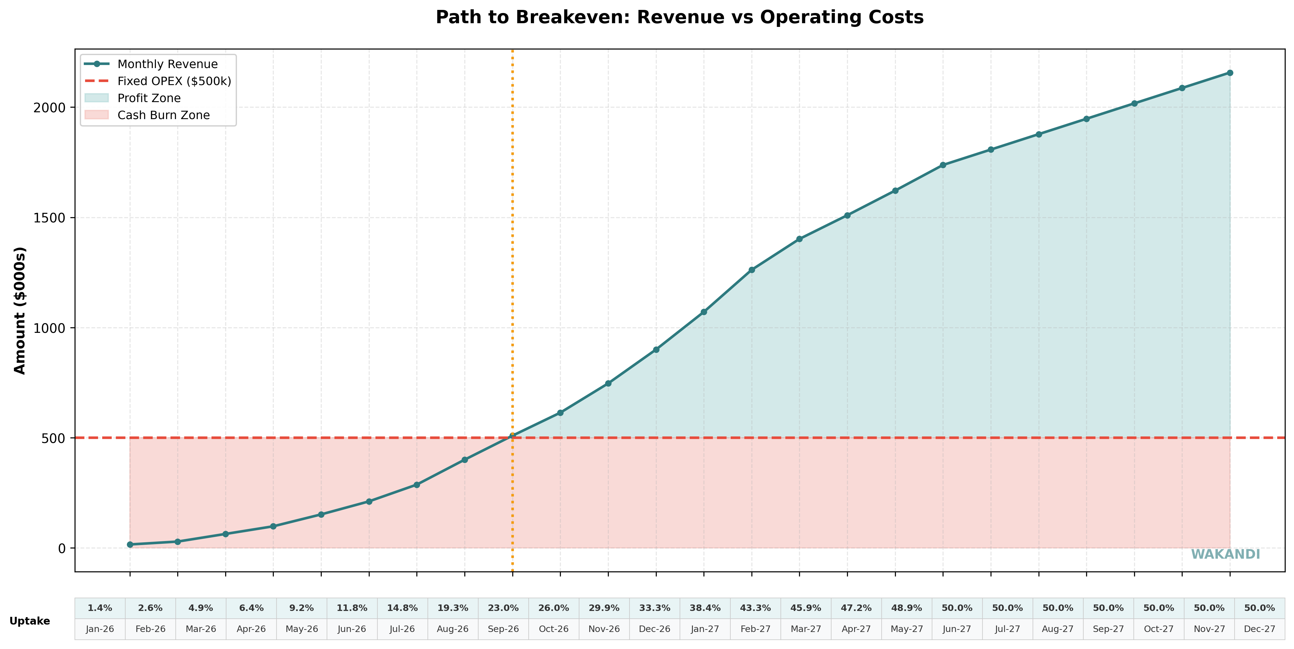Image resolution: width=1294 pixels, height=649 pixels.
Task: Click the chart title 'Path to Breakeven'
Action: click(679, 18)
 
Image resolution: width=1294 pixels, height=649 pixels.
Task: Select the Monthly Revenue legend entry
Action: click(167, 64)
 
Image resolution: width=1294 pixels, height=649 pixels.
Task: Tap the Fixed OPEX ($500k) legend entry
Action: click(174, 81)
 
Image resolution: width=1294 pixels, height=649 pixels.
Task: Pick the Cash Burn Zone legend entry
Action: click(163, 115)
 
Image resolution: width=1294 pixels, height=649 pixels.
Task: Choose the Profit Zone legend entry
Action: click(149, 98)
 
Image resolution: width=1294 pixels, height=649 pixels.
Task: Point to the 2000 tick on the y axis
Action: click(50, 108)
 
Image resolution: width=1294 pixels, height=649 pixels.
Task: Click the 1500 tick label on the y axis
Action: click(50, 218)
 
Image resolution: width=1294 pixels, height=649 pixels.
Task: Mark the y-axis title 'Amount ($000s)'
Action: click(19, 311)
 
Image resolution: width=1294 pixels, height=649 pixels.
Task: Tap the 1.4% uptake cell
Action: click(100, 608)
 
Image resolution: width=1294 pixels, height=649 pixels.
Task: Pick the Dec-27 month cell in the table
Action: click(1259, 629)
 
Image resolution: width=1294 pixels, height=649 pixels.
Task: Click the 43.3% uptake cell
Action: click(755, 608)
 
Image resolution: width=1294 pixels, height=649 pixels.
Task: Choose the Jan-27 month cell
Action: click(705, 629)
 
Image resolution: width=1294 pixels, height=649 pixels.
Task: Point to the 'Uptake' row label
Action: click(30, 621)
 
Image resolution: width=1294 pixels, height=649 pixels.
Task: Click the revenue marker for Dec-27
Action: click(1230, 73)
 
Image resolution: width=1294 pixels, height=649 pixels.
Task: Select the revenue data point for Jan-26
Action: click(130, 544)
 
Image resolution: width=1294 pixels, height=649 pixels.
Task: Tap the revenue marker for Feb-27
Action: click(751, 270)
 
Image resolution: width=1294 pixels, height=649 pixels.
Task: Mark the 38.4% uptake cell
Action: click(705, 608)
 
